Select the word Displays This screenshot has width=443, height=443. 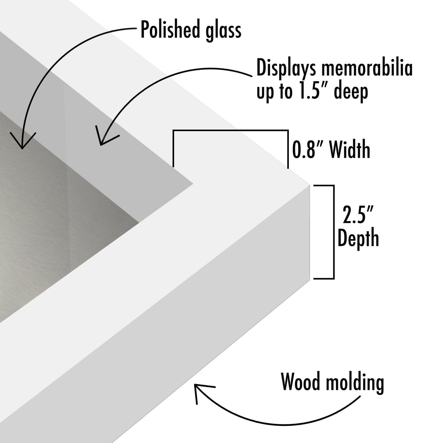click(286, 69)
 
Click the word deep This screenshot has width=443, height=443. click(351, 92)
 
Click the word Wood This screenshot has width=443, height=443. click(302, 382)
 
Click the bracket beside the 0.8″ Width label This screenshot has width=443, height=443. click(231, 131)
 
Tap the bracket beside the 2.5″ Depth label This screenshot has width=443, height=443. click(333, 232)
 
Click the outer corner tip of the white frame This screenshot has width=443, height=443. click(310, 185)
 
